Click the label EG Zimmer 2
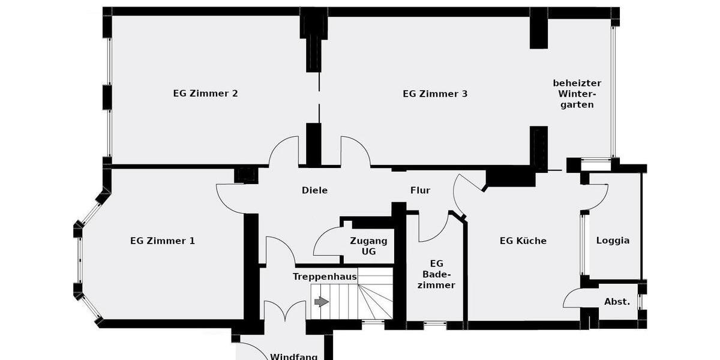point(205,94)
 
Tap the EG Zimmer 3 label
point(435,94)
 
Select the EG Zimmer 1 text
point(163,241)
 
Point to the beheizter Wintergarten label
point(576,94)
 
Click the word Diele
point(314,190)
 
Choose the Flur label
point(420,190)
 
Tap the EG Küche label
point(523,241)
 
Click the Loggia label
point(613,241)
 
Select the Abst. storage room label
point(617,302)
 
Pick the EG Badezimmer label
point(436,274)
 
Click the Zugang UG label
point(368,246)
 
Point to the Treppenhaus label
point(325,277)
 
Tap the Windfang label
point(293,356)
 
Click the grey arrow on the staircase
point(322,302)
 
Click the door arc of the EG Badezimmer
point(433,228)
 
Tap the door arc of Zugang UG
point(326,241)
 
